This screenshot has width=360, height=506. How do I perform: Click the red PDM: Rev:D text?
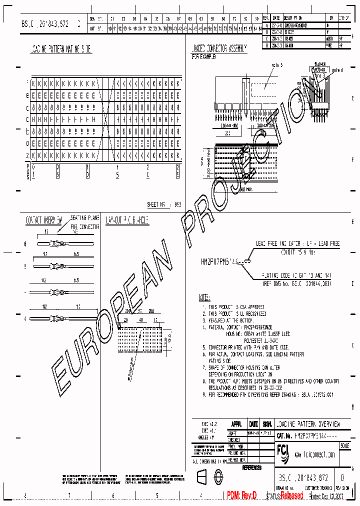pos(241,495)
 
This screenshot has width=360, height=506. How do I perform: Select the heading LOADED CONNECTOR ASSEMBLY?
pos(218,49)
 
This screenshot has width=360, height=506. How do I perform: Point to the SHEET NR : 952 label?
pos(164,204)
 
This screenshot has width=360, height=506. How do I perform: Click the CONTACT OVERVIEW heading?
pos(44,219)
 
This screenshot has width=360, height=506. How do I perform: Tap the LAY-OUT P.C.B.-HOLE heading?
pos(127,219)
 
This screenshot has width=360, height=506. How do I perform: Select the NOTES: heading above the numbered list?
pos(204,297)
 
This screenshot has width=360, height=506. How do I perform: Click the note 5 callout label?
pos(277,65)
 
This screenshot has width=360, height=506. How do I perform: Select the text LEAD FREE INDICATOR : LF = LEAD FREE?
pos(297,243)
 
